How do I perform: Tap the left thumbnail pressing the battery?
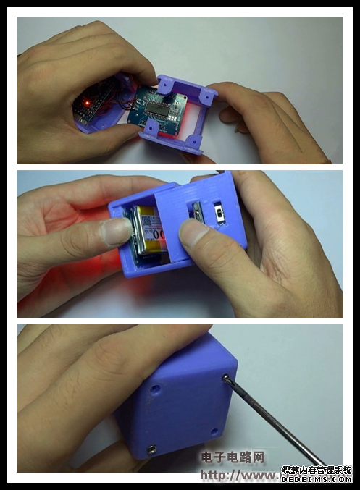pyautogui.click(x=114, y=232)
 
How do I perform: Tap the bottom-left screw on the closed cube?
pyautogui.click(x=151, y=449)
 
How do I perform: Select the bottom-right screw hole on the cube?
pyautogui.click(x=214, y=432)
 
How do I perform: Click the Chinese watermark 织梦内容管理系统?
pyautogui.click(x=317, y=470)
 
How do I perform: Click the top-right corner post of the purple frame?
pyautogui.click(x=208, y=93)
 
